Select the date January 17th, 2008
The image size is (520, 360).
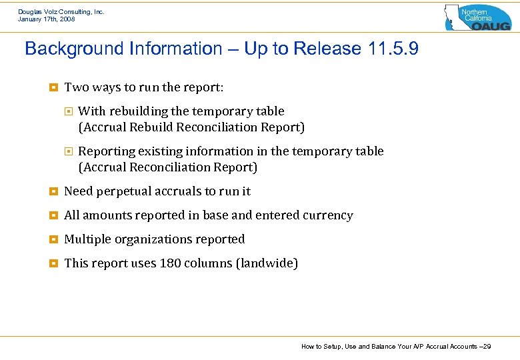coord(47,19)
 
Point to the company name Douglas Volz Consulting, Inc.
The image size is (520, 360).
coord(61,11)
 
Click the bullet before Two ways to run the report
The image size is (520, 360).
coord(53,87)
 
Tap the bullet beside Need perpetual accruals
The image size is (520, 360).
coord(53,191)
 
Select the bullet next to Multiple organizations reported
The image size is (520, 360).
coord(53,239)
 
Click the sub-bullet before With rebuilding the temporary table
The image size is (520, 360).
coord(67,111)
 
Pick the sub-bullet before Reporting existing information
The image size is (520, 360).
coord(67,151)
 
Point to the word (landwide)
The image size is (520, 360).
coord(267,263)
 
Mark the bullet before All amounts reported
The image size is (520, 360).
coord(53,215)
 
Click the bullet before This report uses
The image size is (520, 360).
coord(53,263)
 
